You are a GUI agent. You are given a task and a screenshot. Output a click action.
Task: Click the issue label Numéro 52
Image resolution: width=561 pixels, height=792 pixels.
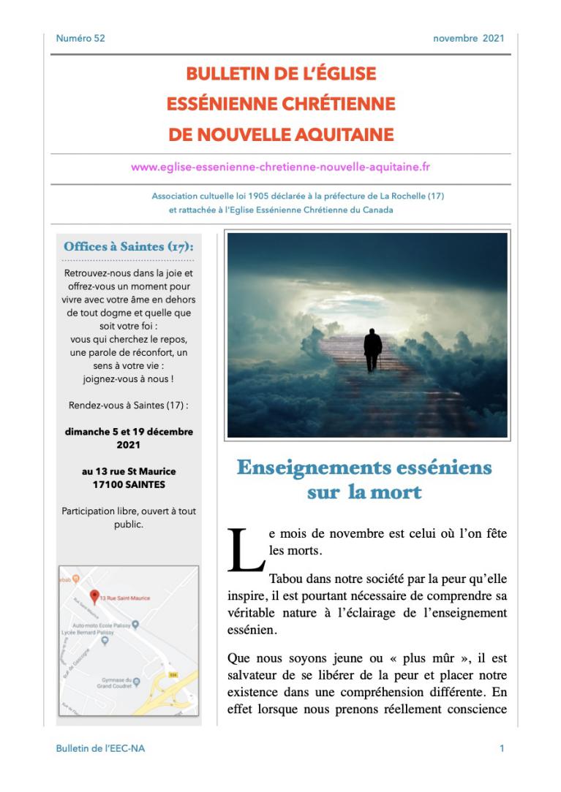click(x=80, y=39)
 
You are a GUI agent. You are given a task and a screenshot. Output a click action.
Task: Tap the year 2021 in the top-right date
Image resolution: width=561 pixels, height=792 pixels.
click(x=493, y=39)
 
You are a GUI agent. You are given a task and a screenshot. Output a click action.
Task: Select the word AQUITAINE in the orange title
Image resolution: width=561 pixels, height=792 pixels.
click(x=343, y=135)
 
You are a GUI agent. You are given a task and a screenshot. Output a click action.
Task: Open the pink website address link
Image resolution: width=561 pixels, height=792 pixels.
click(x=280, y=167)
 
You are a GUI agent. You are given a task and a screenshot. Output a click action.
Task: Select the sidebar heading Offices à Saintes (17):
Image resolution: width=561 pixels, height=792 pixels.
click(x=128, y=246)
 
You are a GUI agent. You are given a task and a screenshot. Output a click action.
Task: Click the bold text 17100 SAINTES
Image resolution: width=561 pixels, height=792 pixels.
click(x=129, y=484)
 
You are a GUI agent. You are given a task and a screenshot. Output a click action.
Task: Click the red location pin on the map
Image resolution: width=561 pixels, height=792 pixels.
click(x=94, y=595)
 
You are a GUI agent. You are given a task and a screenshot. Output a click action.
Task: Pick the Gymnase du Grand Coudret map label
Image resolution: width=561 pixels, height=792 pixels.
click(x=117, y=685)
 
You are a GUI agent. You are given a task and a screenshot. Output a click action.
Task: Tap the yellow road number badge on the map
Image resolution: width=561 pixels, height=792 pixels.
click(x=173, y=674)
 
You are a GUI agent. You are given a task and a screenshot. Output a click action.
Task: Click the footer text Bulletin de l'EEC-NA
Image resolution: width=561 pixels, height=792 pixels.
click(x=100, y=749)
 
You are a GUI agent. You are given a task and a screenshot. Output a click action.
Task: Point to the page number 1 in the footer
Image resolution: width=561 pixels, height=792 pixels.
click(x=502, y=749)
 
